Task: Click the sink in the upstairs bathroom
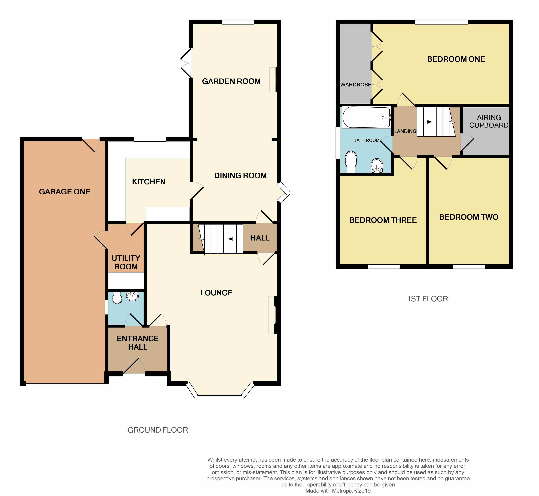pos(377,165)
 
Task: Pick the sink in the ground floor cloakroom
pos(132,296)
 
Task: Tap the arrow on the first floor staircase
pos(426,122)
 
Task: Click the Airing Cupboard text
pos(489,121)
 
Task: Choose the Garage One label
pos(65,192)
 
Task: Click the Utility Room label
pos(126,262)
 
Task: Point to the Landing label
pos(405,131)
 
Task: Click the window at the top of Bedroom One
pos(441,22)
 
